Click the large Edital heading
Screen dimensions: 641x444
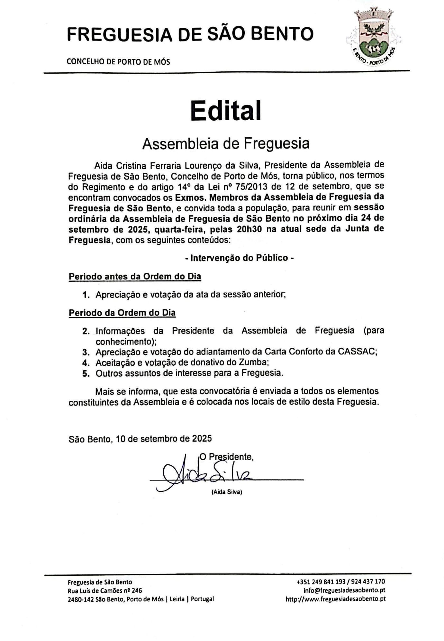pyautogui.click(x=226, y=110)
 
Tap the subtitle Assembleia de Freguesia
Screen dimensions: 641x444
pyautogui.click(x=226, y=143)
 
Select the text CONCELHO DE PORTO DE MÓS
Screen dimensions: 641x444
pyautogui.click(x=118, y=61)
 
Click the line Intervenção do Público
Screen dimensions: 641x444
pyautogui.click(x=240, y=258)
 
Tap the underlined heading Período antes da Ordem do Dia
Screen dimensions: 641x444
pyautogui.click(x=135, y=276)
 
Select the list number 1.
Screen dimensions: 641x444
pyautogui.click(x=86, y=295)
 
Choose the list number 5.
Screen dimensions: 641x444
pyautogui.click(x=86, y=373)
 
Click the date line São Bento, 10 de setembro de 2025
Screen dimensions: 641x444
pyautogui.click(x=140, y=439)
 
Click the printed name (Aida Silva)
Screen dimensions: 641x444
pyautogui.click(x=227, y=492)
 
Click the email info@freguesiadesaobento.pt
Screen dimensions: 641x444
pyautogui.click(x=344, y=590)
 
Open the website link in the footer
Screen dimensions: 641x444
pyautogui.click(x=335, y=599)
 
